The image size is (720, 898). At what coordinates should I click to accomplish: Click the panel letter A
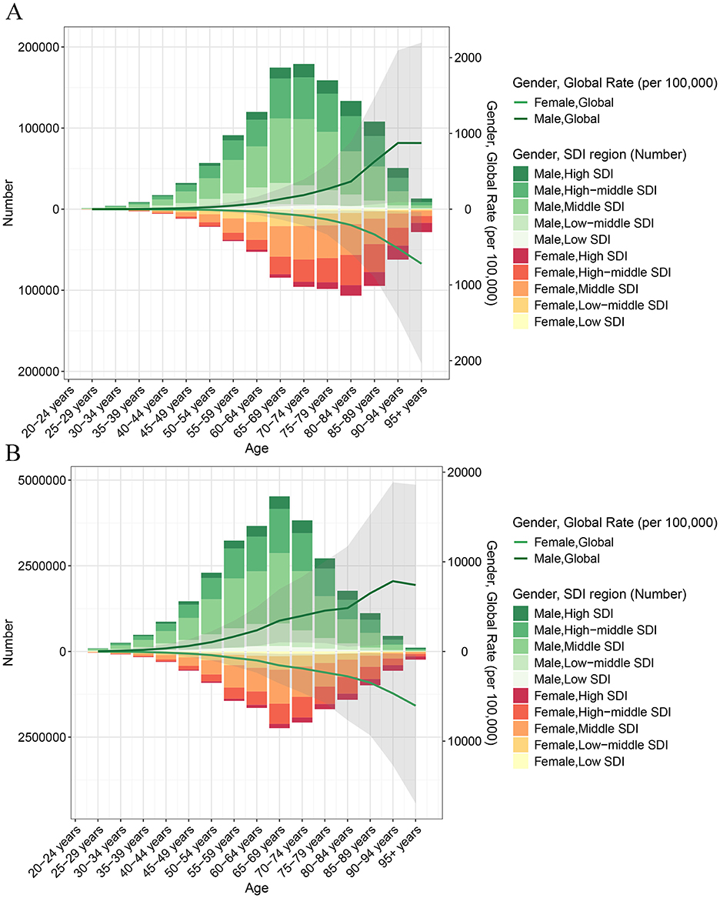14,11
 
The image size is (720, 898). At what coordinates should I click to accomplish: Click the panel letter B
12,453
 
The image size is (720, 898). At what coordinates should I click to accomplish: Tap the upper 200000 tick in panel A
38,47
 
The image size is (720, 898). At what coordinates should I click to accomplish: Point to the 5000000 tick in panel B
42,480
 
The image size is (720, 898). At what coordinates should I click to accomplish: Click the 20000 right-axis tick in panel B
464,472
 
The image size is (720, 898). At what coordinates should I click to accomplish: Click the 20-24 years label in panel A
48,412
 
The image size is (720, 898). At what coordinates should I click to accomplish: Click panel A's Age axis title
256,449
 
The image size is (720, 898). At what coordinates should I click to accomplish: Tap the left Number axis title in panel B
8,642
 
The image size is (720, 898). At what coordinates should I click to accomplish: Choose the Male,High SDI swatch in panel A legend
521,174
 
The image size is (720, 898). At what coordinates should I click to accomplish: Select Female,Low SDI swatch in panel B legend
521,762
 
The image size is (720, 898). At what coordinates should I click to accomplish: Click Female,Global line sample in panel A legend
521,102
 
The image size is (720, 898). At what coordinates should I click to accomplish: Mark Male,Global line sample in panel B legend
521,559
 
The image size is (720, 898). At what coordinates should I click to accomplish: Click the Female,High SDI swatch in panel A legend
521,256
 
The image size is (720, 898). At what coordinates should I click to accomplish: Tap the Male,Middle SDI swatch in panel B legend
521,646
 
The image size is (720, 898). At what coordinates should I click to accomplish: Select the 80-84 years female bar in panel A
351,252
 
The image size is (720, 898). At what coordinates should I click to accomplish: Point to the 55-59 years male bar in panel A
234,172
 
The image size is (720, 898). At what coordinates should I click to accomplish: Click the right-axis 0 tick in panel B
464,652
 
